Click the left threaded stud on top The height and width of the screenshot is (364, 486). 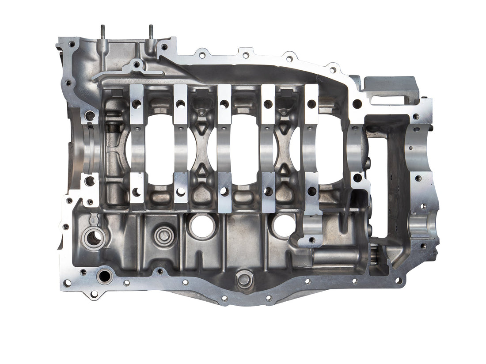[103, 33]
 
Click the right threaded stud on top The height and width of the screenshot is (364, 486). [151, 33]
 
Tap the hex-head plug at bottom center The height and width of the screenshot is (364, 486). [244, 279]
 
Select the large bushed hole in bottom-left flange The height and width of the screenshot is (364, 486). [105, 277]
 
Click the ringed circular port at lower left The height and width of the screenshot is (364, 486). [94, 238]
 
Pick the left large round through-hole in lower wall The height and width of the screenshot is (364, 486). [202, 226]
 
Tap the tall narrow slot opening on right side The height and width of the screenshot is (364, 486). [379, 177]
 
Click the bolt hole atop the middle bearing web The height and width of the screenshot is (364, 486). [224, 104]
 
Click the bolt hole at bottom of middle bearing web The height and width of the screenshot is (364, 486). [224, 191]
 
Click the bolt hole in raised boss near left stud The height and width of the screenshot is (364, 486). [137, 65]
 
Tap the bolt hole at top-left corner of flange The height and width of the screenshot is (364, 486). [71, 44]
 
